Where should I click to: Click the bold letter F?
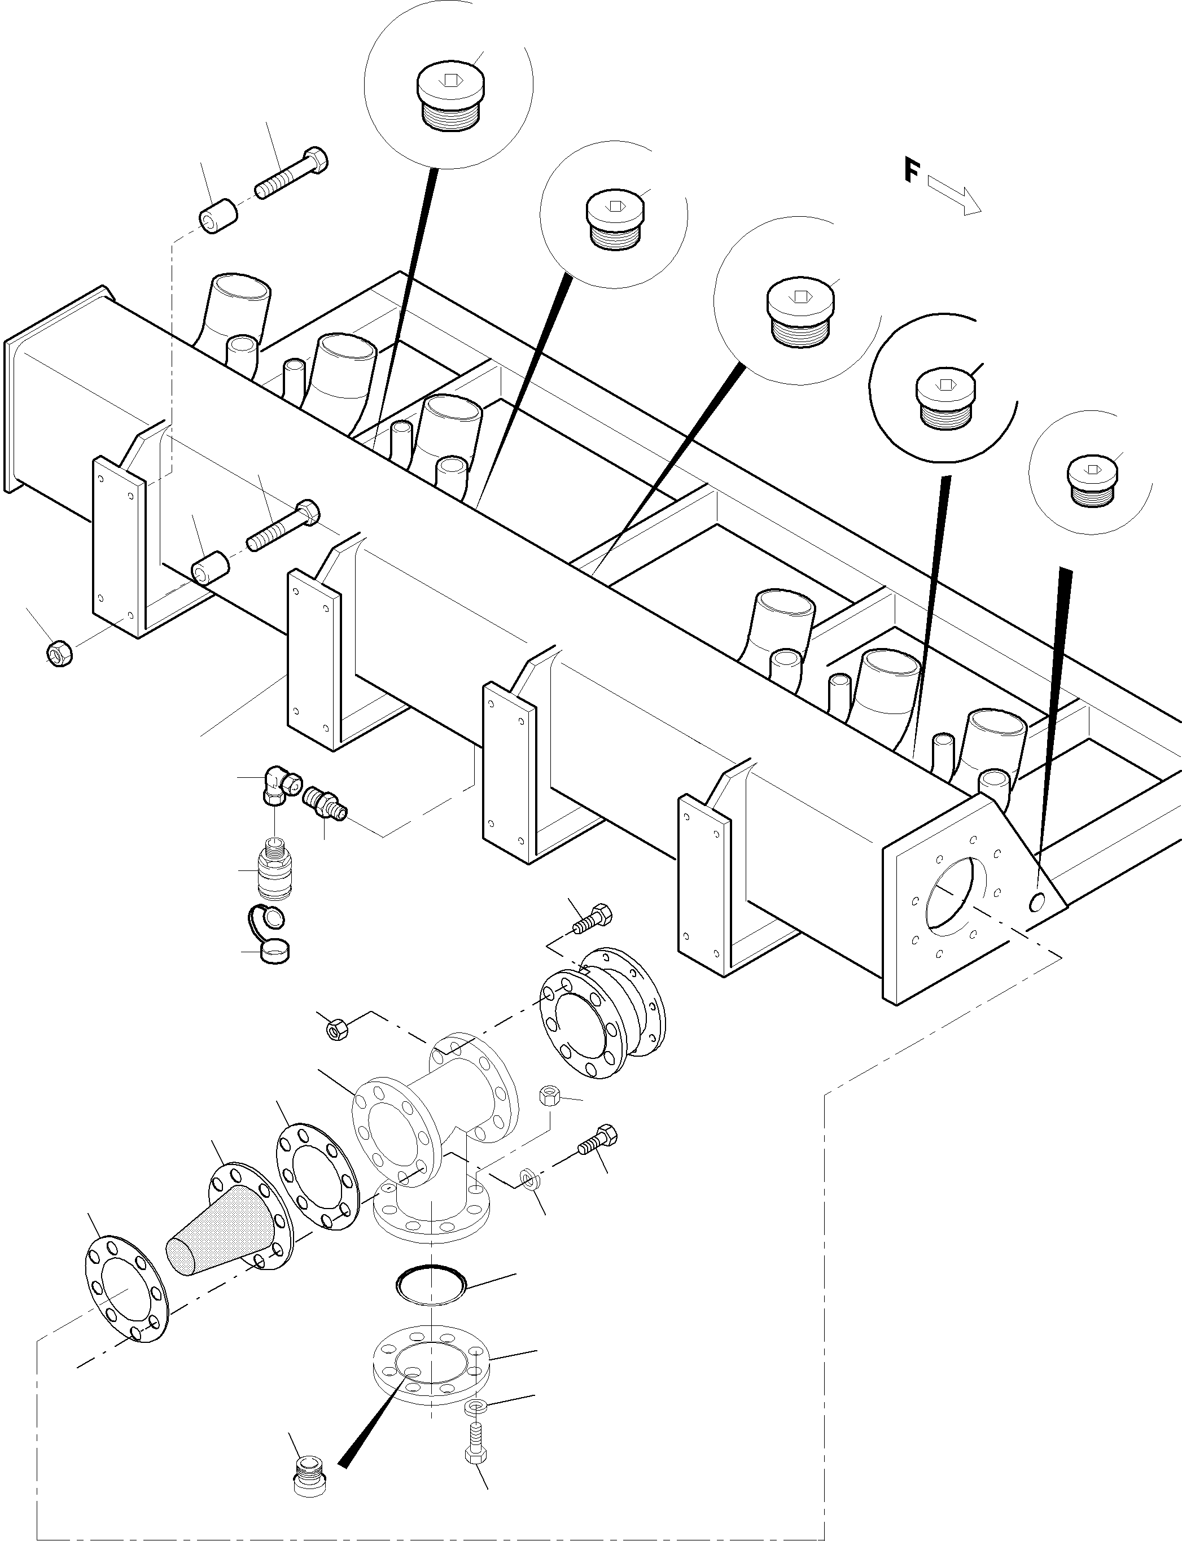[912, 171]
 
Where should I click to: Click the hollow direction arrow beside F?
[954, 195]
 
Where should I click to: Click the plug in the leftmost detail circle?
[448, 98]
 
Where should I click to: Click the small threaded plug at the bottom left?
[309, 1474]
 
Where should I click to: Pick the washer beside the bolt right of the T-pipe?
[529, 1177]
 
